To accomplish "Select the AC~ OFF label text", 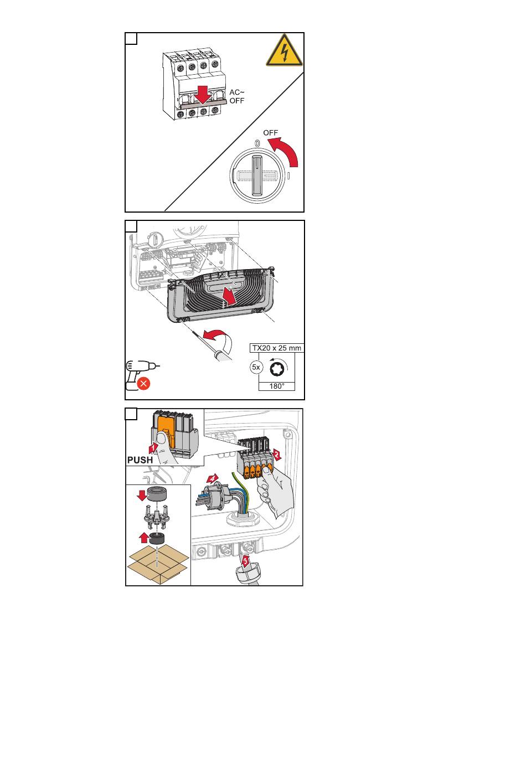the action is pos(236,96).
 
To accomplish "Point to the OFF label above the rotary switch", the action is pos(270,133).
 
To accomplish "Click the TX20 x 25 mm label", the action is pos(276,348).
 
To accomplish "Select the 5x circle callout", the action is pos(256,367).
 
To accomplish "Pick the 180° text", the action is pos(277,386).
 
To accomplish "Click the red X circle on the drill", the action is pos(143,384).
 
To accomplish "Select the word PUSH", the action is pos(140,460).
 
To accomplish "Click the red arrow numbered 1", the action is pos(153,448).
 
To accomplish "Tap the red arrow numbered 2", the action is pos(276,455).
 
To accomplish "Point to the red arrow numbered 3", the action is pos(246,561).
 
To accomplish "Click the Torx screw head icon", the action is pos(276,368).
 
